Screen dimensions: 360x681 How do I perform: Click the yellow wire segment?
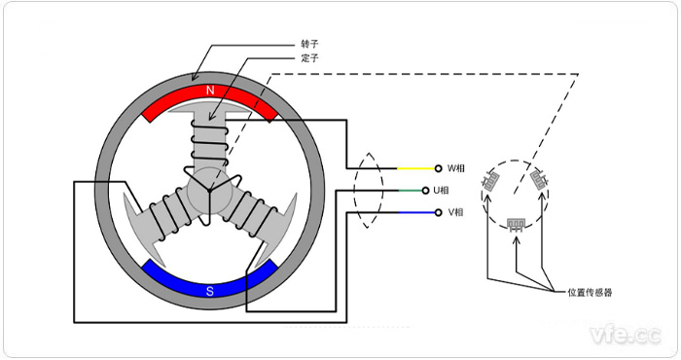[414, 168]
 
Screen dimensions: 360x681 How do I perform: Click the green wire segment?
[414, 190]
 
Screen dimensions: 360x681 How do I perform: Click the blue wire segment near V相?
[414, 212]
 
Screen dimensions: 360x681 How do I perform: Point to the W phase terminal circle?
[438, 168]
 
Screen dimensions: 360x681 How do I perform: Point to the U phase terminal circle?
[438, 190]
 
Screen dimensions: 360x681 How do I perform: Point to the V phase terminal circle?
[438, 212]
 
